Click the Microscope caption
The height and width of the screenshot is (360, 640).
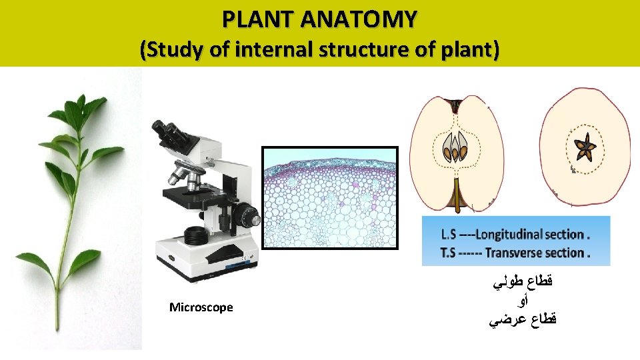point(201,307)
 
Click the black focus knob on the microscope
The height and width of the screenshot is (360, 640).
point(248,217)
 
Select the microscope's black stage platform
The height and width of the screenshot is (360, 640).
point(193,195)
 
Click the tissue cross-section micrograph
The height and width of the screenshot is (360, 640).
point(329,197)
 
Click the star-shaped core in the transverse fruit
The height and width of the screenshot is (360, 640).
point(586,148)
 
